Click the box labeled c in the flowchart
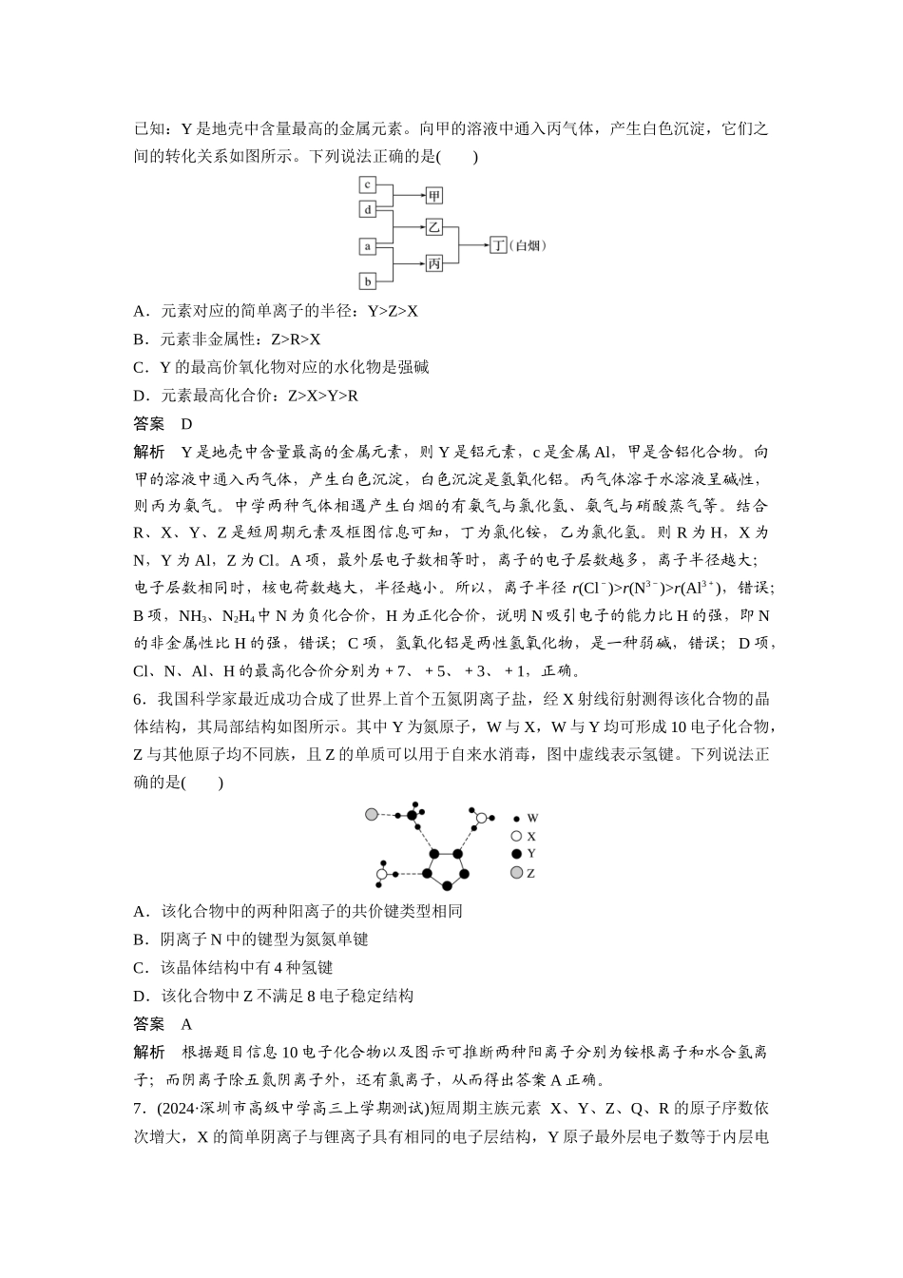367,184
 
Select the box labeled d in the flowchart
367,208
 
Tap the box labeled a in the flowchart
367,246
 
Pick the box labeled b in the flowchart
367,281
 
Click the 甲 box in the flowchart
433,196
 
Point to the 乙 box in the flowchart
433,227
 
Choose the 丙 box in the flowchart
433,263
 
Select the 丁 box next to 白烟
498,245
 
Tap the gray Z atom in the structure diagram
372,814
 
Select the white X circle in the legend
516,836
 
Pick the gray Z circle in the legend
516,872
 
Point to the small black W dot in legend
516,819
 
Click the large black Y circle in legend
516,854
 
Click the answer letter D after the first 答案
187,424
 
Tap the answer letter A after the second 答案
186,1024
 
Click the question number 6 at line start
138,700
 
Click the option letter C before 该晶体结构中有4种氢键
140,968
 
